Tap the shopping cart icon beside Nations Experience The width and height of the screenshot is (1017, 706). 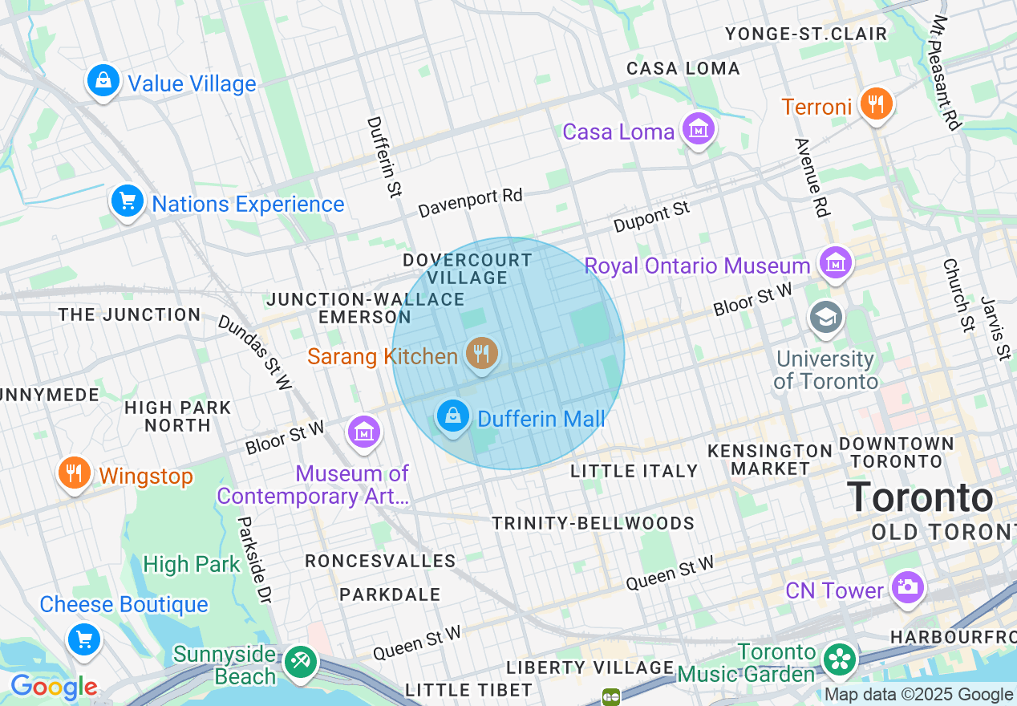(127, 201)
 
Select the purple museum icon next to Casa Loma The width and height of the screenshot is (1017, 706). (698, 128)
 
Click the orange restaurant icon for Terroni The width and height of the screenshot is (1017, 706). (876, 103)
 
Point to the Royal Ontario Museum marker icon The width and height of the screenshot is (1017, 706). (836, 262)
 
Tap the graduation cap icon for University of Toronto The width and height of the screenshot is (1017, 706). (825, 317)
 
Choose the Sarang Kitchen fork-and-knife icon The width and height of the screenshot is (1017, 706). (481, 353)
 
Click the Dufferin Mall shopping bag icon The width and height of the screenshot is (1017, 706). (453, 416)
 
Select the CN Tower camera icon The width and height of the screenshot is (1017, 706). (908, 586)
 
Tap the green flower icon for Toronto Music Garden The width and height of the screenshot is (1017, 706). (840, 660)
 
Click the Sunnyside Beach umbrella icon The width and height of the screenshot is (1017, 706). (301, 662)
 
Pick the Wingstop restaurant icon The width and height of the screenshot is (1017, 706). (74, 473)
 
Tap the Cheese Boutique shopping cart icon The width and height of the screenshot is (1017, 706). (84, 639)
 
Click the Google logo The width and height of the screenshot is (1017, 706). (54, 687)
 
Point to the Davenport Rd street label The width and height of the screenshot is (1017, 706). (470, 203)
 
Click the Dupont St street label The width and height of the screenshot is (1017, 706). (651, 217)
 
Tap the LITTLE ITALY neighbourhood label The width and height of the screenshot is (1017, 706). (634, 471)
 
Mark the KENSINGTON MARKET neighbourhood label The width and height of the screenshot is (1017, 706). (759, 459)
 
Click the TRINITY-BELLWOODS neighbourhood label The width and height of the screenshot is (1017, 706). (593, 523)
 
